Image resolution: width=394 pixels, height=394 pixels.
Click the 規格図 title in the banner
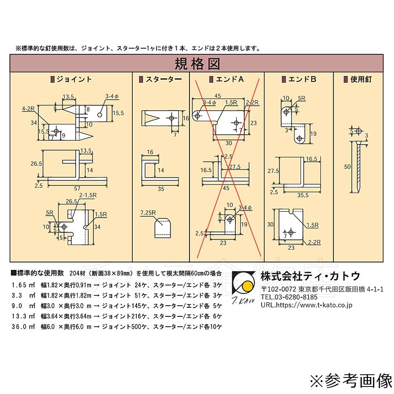point(197,63)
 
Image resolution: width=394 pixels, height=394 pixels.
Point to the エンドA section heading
point(226,79)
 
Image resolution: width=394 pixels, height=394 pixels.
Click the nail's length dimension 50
point(347,167)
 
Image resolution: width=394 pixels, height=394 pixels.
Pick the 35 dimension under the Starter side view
point(161,189)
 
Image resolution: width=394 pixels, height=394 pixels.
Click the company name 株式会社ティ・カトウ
point(310,276)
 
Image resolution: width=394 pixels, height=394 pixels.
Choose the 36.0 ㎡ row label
point(24,327)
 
